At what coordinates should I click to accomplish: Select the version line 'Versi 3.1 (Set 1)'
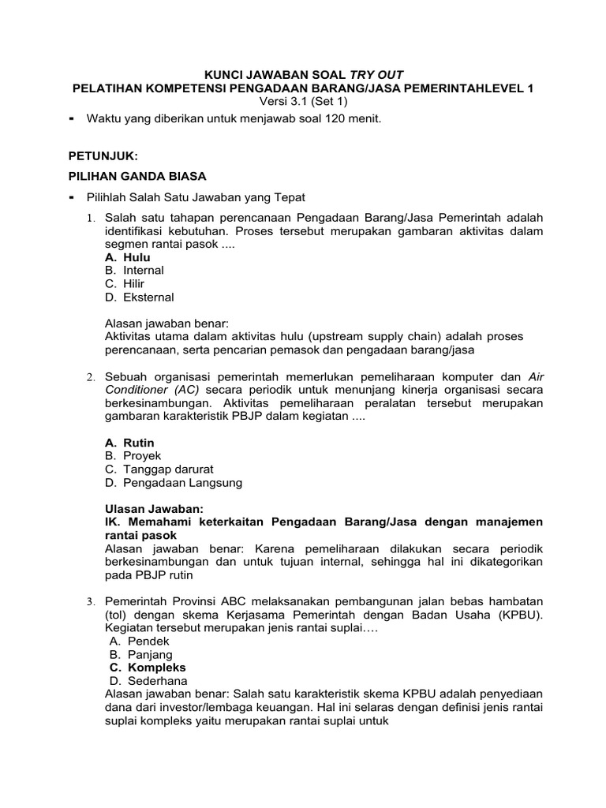pyautogui.click(x=303, y=101)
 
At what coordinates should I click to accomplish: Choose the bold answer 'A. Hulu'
pyautogui.click(x=127, y=257)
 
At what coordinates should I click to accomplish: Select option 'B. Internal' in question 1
pyautogui.click(x=134, y=271)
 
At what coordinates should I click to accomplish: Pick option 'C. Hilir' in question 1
pyautogui.click(x=125, y=284)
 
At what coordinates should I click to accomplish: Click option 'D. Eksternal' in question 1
pyautogui.click(x=139, y=297)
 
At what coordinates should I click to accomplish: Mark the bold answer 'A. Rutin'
pyautogui.click(x=129, y=443)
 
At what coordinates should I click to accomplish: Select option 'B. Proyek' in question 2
pyautogui.click(x=133, y=456)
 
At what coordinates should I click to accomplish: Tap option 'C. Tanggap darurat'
pyautogui.click(x=159, y=469)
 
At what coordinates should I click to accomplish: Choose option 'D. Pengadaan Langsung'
pyautogui.click(x=173, y=483)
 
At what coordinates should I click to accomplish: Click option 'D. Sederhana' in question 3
pyautogui.click(x=147, y=681)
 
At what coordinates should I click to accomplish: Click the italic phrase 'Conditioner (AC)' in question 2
pyautogui.click(x=153, y=390)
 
